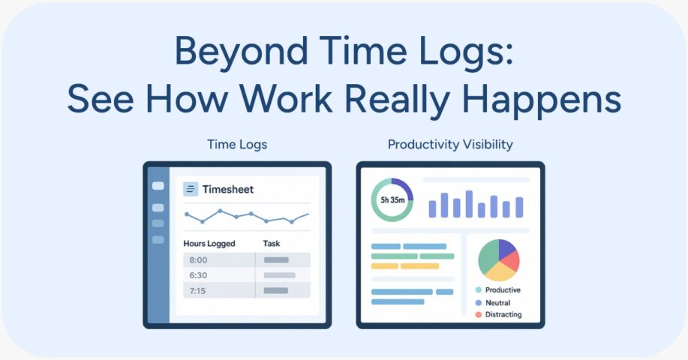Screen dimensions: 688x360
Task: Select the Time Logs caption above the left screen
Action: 237,144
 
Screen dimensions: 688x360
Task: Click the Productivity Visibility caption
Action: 450,144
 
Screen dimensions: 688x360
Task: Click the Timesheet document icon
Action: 191,189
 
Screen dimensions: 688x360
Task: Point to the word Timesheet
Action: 228,190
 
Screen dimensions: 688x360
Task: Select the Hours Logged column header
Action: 209,243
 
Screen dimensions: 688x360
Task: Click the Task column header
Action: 271,243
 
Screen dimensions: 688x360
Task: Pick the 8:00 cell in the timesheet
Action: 198,260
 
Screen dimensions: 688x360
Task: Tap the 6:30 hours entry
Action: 198,275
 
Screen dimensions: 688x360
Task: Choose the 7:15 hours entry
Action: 197,291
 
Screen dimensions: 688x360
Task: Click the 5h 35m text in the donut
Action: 392,200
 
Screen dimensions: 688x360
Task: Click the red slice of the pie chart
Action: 511,261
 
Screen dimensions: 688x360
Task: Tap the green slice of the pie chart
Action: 486,256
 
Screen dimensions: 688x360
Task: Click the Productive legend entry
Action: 498,289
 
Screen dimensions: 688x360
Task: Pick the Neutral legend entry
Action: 493,302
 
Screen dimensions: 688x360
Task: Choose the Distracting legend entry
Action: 498,314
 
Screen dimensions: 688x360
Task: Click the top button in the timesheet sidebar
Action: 158,186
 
